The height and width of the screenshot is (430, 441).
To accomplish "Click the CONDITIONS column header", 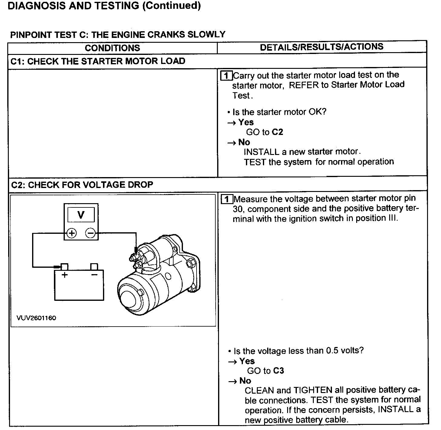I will pyautogui.click(x=112, y=48).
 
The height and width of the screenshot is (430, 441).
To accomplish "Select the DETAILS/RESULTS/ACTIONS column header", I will pyautogui.click(x=322, y=47).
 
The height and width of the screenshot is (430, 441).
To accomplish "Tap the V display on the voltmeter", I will pyautogui.click(x=81, y=215).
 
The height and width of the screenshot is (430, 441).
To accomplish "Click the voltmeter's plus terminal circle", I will pyautogui.click(x=71, y=233).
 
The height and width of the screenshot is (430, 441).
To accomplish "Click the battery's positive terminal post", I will pyautogui.click(x=65, y=267).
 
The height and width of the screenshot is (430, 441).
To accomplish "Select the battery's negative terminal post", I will pyautogui.click(x=94, y=267).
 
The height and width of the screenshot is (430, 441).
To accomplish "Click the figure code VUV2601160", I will pyautogui.click(x=36, y=318).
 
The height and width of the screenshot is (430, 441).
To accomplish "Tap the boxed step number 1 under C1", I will pyautogui.click(x=226, y=76).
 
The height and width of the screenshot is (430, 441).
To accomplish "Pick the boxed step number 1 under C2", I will pyautogui.click(x=227, y=199).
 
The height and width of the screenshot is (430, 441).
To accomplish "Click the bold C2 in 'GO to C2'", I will pyautogui.click(x=277, y=132).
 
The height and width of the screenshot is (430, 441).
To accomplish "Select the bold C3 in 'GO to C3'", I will pyautogui.click(x=278, y=371).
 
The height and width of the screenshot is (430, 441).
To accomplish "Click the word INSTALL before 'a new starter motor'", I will pyautogui.click(x=261, y=152).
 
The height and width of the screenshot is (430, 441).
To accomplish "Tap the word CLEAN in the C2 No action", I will pyautogui.click(x=259, y=390).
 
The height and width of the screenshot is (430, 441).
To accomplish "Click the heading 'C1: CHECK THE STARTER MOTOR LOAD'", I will pyautogui.click(x=98, y=61).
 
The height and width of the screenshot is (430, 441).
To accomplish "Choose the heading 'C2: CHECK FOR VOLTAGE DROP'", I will pyautogui.click(x=82, y=185).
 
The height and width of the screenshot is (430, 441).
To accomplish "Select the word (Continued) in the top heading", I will pyautogui.click(x=171, y=6).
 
